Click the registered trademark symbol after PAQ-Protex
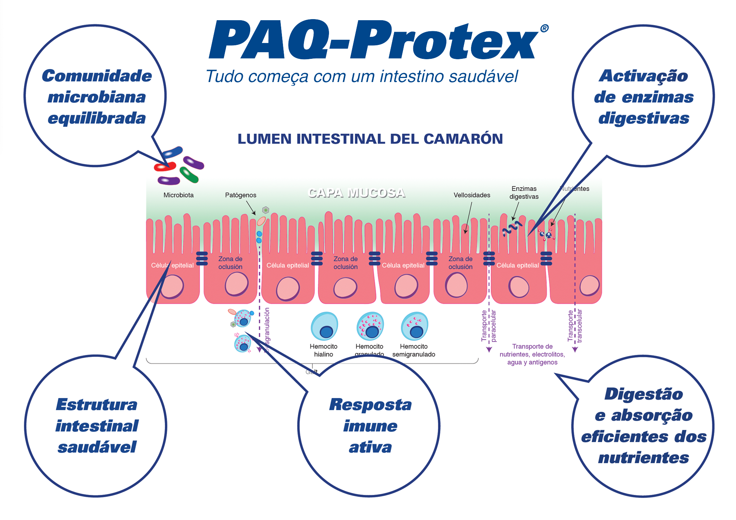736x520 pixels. [544, 29]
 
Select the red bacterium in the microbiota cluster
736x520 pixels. [164, 167]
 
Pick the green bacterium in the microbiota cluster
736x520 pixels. [189, 175]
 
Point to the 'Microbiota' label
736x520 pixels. [178, 195]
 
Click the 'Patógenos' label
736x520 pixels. [241, 195]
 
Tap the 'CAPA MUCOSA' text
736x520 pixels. [356, 193]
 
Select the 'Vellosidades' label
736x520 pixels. [472, 195]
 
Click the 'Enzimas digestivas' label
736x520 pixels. [524, 193]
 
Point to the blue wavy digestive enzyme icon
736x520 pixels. [512, 228]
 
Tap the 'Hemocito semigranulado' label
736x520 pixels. [414, 350]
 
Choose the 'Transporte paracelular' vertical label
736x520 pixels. [489, 326]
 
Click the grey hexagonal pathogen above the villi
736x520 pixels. [266, 210]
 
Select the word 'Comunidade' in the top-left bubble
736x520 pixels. [97, 76]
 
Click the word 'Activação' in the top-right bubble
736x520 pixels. [644, 76]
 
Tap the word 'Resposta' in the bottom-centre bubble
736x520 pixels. [370, 405]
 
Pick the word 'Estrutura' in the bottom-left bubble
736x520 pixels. [97, 405]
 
